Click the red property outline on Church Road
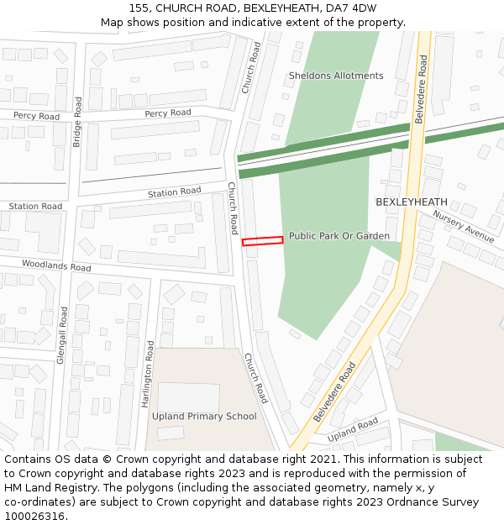point(263,241)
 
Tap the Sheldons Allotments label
point(336,76)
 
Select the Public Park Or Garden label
point(339,236)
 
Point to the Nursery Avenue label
point(464,226)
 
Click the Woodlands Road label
point(56,266)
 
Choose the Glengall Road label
point(62,333)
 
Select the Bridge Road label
point(77,122)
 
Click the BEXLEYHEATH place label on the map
point(412,202)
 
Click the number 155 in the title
point(140,8)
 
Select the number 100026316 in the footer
point(33,517)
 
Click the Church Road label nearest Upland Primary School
point(255,378)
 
